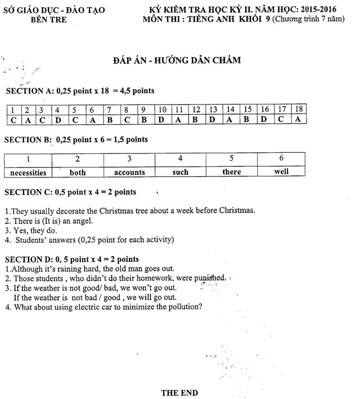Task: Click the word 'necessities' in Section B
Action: [28, 173]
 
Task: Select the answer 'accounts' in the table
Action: [129, 173]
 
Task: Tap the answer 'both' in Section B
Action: [78, 173]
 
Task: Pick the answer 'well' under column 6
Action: [281, 171]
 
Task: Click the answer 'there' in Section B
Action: [231, 172]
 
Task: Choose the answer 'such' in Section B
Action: [180, 172]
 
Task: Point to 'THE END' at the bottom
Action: [179, 392]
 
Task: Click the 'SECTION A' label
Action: [29, 91]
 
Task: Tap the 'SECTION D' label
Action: [29, 259]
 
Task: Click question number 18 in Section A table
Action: [299, 109]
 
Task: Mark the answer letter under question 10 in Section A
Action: [161, 119]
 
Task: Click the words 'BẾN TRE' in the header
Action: [49, 20]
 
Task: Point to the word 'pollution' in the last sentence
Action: [182, 307]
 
